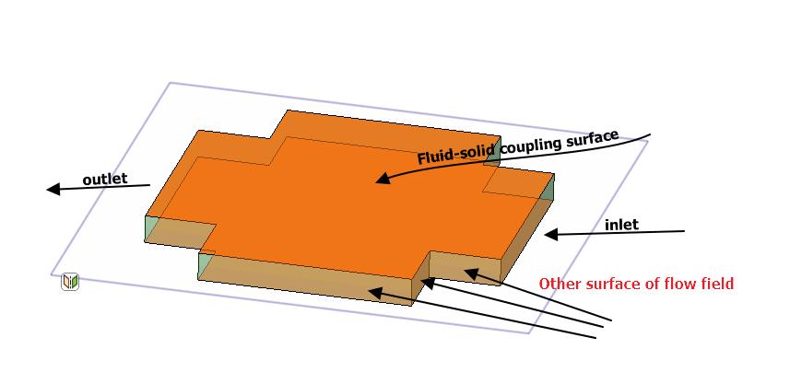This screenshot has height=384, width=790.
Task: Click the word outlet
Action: coord(105,179)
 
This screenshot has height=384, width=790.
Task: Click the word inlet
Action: coord(621,225)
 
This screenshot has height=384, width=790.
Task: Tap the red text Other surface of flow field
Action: coord(636,284)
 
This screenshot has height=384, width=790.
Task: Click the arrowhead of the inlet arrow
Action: coord(550,235)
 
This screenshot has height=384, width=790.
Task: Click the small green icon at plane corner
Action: coord(70,282)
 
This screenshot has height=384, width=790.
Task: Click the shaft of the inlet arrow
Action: coord(627,232)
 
